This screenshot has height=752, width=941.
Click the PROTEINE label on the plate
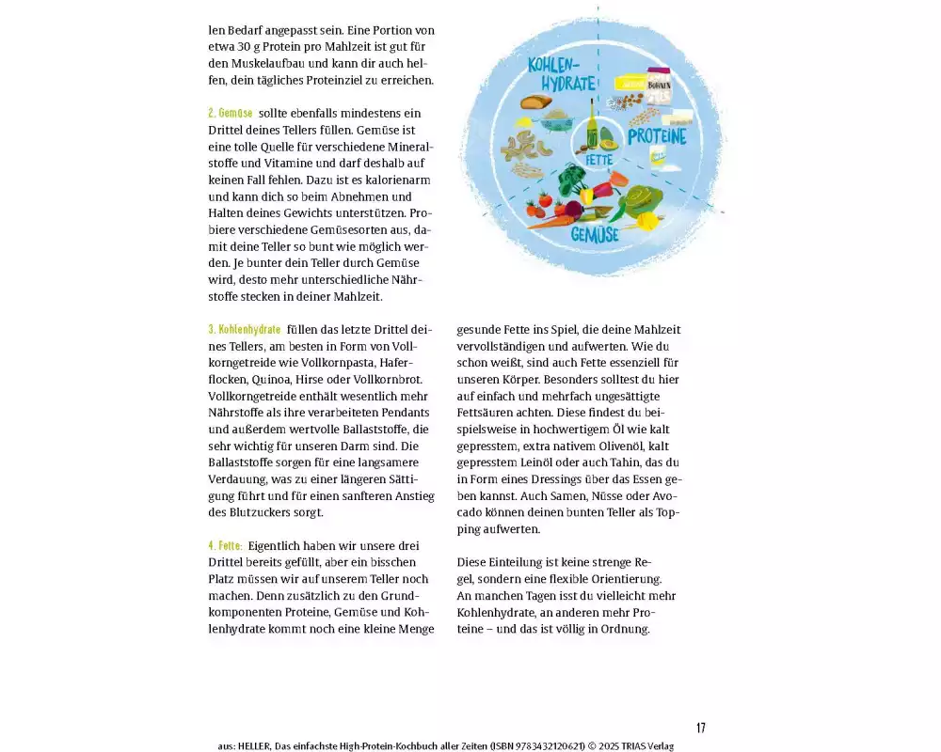[657, 136]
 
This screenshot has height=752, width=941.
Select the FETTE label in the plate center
[599, 160]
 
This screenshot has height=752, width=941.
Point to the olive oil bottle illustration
[593, 124]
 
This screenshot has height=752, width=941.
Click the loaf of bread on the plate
[536, 102]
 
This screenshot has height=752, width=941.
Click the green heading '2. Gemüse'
[230, 113]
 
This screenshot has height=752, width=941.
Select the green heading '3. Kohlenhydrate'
[244, 330]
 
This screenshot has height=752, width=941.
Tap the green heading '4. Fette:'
[226, 545]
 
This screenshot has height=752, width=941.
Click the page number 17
[701, 728]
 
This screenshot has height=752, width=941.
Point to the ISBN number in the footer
[537, 746]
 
